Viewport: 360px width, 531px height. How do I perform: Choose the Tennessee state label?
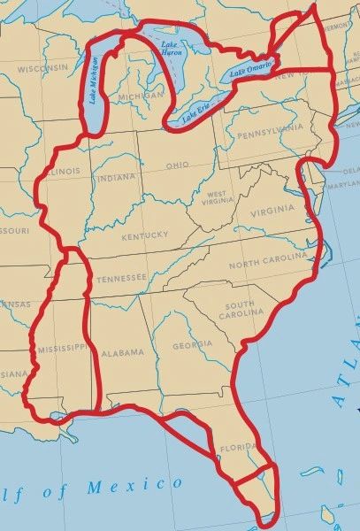(121, 278)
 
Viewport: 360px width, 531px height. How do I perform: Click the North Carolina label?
(268, 262)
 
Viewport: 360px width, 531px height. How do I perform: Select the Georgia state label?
(192, 345)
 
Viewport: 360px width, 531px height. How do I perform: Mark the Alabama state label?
(121, 352)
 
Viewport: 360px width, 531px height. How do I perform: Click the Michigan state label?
(141, 95)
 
